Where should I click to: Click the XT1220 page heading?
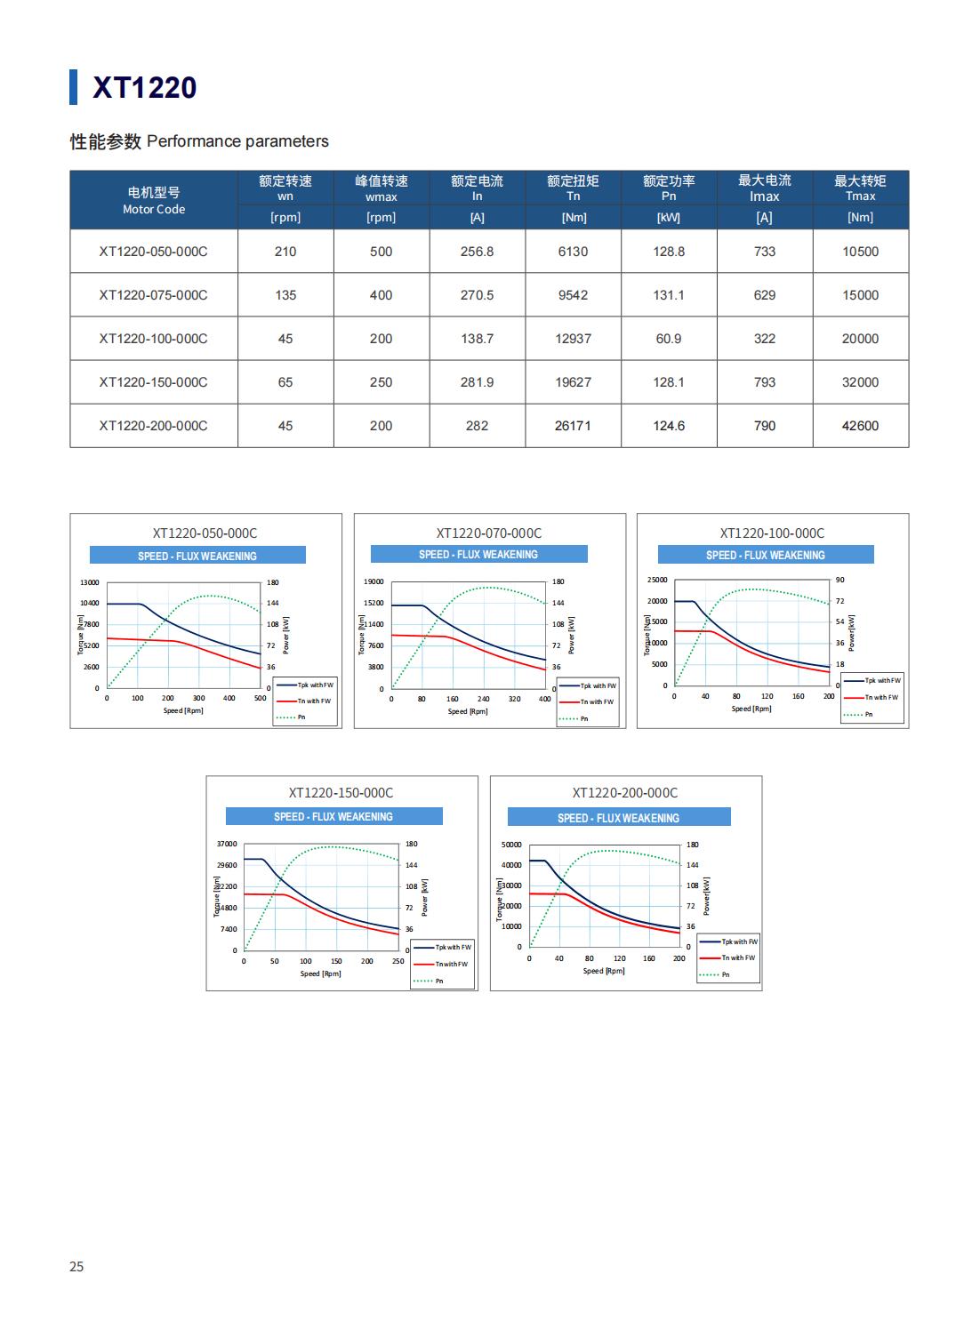144,87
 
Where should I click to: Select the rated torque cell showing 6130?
573,252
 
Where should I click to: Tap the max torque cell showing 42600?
860,426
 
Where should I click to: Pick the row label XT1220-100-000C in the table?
153,339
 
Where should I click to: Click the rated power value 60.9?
668,339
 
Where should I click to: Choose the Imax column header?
764,196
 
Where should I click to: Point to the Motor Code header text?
154,210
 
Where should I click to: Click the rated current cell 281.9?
477,382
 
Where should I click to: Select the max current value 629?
764,295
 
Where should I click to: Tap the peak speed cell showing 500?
381,252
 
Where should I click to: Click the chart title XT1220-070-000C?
488,533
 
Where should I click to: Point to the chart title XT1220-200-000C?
624,793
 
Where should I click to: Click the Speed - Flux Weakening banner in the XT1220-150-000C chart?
333,816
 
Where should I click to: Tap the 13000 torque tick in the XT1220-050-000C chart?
89,582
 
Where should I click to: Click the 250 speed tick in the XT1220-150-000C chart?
398,961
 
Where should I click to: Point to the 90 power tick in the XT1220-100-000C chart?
839,580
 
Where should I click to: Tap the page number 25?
76,1266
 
